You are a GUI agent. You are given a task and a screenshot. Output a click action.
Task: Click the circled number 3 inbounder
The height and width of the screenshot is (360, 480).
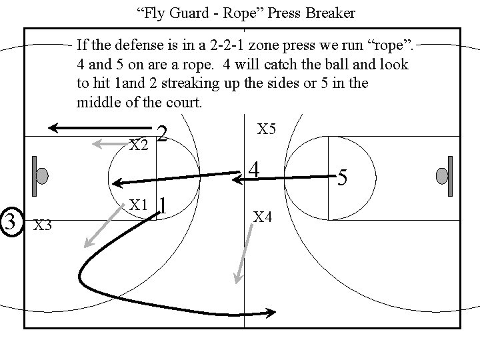pos(11,221)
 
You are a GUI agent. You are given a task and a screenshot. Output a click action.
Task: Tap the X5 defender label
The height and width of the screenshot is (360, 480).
pos(266,129)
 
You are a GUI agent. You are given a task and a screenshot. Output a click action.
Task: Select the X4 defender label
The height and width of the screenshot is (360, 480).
pos(263,217)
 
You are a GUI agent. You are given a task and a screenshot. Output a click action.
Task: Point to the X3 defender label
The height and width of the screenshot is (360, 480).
pos(43,225)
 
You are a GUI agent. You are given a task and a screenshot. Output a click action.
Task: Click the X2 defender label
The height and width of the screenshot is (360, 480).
pos(139,145)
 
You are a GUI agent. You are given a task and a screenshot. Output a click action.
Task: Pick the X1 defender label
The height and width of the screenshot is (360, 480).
pos(138,205)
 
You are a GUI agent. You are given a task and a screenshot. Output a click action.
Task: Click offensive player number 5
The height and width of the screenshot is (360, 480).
pos(342,177)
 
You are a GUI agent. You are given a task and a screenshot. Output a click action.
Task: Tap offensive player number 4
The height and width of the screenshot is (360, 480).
pos(254,170)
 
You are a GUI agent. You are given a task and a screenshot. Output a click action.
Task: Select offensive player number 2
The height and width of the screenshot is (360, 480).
pos(162,133)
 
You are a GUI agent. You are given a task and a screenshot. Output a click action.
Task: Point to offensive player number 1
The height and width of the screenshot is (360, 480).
pos(163,205)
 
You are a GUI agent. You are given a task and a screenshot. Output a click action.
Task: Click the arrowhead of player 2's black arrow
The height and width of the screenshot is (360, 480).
pos(53,128)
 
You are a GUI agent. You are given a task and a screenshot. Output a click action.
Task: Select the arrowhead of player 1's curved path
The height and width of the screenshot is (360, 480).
pos(270,313)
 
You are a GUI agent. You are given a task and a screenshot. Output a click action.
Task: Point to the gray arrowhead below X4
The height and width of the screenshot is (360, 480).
pos(238,278)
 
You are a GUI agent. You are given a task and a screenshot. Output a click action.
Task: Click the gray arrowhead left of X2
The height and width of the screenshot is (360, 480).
pos(97,143)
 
